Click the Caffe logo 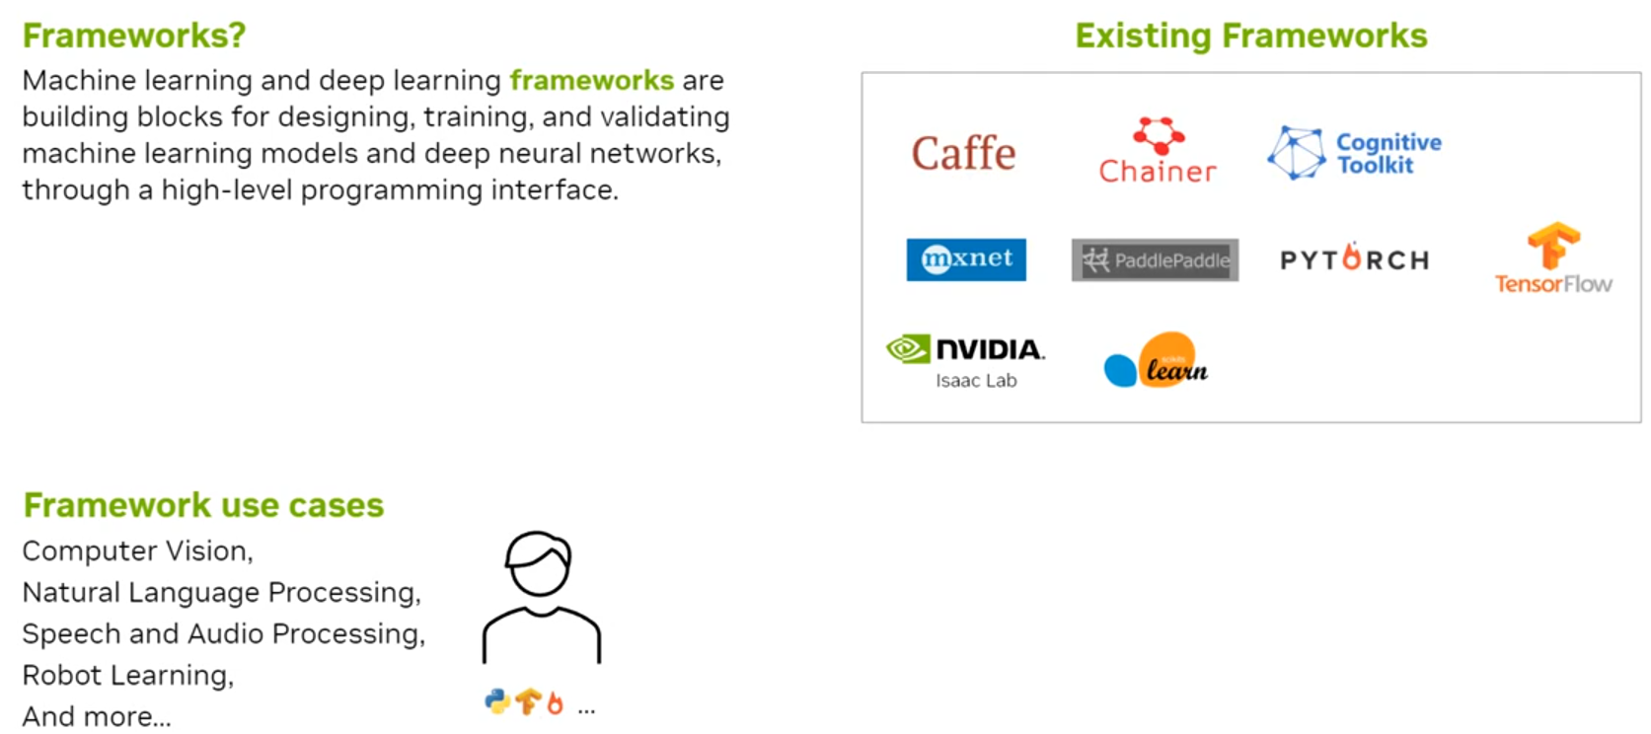pos(963,154)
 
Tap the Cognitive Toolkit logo pos(1354,153)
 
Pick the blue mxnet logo pos(966,259)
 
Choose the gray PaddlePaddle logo pos(1155,260)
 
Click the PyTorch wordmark pos(1354,259)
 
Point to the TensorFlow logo pos(1553,258)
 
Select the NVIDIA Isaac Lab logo pos(966,360)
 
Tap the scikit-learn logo pos(1156,361)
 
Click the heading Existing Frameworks pos(1250,36)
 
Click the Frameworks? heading pos(134,36)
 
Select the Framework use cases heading pos(203,505)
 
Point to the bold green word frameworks pos(591,80)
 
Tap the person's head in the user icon pos(539,563)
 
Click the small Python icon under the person pos(497,701)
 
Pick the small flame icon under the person pos(555,702)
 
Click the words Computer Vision pos(136,550)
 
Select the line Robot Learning pos(127,675)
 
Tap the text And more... pos(96,716)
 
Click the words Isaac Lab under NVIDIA pos(976,381)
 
